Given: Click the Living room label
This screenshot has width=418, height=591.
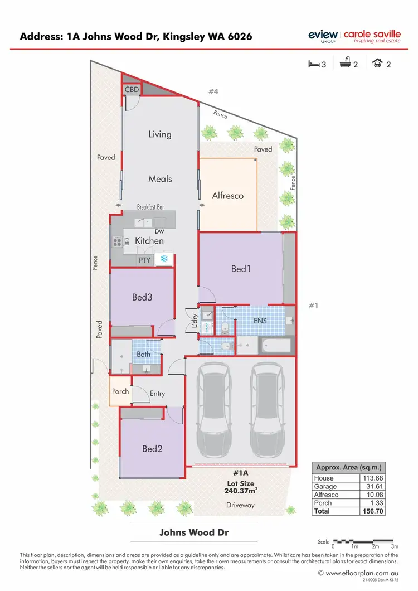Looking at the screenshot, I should (x=159, y=134).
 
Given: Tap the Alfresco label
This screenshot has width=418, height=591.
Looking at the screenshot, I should (x=227, y=196).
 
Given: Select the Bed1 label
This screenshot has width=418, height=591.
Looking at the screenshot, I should (x=241, y=269).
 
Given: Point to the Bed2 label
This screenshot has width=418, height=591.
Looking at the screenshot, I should (x=151, y=448).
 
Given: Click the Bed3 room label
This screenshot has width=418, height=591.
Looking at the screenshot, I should (x=142, y=297).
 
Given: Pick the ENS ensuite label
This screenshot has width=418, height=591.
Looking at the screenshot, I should (x=260, y=321).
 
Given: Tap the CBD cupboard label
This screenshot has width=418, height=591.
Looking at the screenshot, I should (x=132, y=90).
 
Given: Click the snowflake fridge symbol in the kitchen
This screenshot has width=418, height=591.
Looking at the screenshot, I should (x=164, y=259).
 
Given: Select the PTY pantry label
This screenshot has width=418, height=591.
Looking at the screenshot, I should (x=144, y=260).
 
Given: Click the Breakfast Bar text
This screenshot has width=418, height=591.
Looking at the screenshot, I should (x=150, y=207).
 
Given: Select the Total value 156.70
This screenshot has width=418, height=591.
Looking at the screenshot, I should (x=372, y=511).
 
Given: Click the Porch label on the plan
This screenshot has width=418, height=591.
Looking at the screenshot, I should (x=120, y=391).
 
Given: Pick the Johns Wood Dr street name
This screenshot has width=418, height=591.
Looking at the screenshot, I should (x=194, y=532).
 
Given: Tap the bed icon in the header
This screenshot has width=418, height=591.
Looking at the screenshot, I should (x=314, y=64).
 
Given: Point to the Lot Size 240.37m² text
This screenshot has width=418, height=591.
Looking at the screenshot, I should (x=240, y=487).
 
